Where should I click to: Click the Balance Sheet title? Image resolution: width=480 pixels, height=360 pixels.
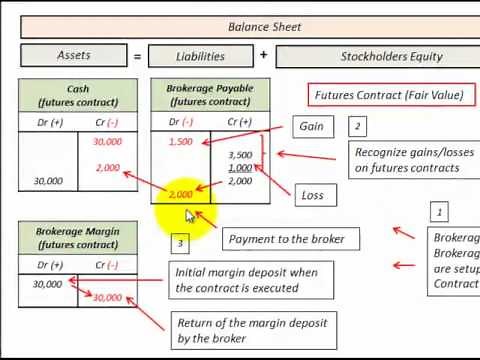coord(264,27)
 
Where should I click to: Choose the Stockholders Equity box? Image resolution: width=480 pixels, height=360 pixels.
coord(377,56)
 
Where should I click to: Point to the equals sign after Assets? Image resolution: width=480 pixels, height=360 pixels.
coord(137,56)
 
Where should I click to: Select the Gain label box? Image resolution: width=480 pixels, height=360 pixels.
coord(311,127)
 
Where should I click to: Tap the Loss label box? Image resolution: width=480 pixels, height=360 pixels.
coord(312,195)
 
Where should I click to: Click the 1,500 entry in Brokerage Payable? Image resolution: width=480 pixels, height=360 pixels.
coord(181,142)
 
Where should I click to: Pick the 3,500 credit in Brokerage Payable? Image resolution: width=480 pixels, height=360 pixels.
coord(240,155)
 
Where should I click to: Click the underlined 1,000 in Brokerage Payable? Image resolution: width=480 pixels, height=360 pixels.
coord(240,168)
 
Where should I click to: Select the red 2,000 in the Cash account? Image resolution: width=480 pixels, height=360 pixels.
coord(108,168)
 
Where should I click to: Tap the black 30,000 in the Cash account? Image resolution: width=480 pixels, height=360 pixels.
coord(47,181)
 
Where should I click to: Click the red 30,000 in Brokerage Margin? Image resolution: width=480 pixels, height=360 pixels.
coord(107,297)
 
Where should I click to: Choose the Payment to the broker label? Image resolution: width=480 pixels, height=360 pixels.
coord(286,239)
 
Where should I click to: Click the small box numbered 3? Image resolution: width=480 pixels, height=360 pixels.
coord(180,243)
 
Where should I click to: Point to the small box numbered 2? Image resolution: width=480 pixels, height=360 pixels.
coord(357,127)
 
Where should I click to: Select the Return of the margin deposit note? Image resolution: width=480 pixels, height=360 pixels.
coord(232,330)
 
